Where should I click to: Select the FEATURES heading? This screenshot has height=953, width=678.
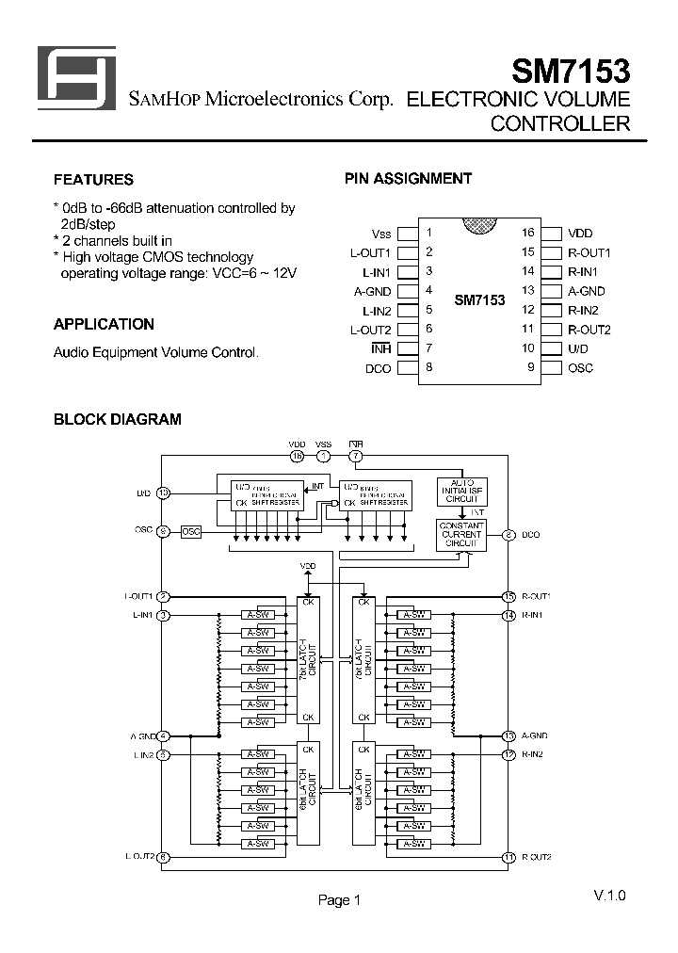click(x=93, y=180)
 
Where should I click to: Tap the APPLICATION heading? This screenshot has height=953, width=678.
click(x=104, y=324)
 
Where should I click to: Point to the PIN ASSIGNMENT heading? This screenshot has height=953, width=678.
click(x=408, y=178)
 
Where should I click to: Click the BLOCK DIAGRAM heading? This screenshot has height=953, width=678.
click(x=117, y=419)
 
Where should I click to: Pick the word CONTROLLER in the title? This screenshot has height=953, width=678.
click(x=560, y=123)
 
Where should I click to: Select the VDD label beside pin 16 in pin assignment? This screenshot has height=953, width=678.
click(x=581, y=234)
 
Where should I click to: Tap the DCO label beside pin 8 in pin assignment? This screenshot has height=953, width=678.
click(x=378, y=368)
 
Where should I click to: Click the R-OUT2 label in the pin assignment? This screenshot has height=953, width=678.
click(x=589, y=330)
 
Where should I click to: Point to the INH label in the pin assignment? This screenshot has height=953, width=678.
click(x=381, y=348)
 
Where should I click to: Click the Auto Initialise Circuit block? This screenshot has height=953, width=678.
click(x=461, y=491)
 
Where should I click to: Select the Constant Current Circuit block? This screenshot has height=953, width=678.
click(x=461, y=534)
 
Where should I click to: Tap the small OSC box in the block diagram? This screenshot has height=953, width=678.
click(x=191, y=531)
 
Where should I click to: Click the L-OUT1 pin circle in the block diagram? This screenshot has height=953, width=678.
click(x=163, y=596)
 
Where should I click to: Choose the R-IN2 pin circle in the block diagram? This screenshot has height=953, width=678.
click(x=508, y=754)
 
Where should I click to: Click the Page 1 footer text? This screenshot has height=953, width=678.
click(x=339, y=900)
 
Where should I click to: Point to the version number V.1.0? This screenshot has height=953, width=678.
click(x=609, y=895)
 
